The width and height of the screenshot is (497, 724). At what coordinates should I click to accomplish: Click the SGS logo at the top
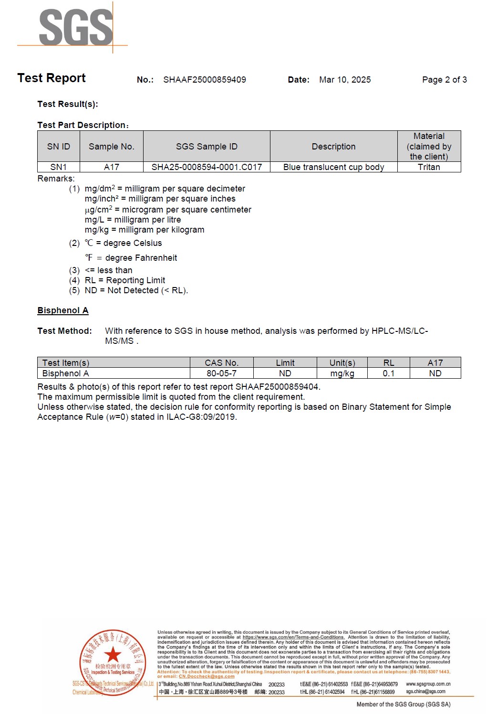(x=75, y=28)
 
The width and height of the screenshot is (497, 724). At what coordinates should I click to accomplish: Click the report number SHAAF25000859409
(x=205, y=80)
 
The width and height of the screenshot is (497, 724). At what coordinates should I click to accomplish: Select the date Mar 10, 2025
(x=345, y=80)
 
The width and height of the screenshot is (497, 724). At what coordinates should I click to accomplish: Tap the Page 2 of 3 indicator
(x=444, y=80)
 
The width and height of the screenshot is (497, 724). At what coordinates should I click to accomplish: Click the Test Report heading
(x=52, y=78)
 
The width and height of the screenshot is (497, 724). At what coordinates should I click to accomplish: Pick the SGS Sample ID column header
(x=207, y=147)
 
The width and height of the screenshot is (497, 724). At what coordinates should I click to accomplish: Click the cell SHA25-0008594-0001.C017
(x=207, y=167)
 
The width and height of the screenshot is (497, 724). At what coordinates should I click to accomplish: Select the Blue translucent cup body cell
(x=333, y=167)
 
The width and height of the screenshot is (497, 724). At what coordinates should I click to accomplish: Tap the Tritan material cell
(x=429, y=167)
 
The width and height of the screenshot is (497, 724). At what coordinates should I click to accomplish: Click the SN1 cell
(x=59, y=167)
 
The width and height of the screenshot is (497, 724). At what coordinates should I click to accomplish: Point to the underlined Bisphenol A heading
(x=63, y=310)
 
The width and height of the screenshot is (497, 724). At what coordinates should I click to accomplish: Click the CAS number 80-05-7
(x=221, y=373)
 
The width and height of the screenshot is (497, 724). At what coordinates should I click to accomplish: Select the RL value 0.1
(x=389, y=373)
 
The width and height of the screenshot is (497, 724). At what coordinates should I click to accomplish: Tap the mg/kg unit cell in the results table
(x=342, y=373)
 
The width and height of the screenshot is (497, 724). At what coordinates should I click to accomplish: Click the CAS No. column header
(x=221, y=363)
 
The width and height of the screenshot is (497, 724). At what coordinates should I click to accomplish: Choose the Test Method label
(x=64, y=331)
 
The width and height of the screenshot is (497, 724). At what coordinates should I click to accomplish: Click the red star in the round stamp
(x=113, y=654)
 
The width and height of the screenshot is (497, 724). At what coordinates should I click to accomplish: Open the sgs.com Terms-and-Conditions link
(x=293, y=637)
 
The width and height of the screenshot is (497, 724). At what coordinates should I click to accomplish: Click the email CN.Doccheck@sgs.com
(x=207, y=676)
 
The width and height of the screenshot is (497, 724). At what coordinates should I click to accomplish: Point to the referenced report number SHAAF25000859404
(x=277, y=387)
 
